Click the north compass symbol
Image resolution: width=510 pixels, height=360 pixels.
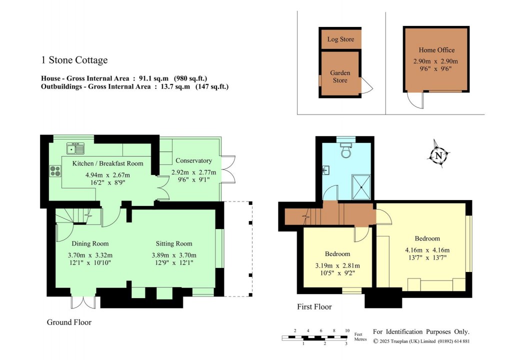[x=438, y=155]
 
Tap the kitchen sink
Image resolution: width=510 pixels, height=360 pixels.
[x=76, y=148]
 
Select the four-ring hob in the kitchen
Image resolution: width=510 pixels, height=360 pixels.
[x=54, y=171]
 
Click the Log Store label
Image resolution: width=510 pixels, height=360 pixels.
[x=340, y=39]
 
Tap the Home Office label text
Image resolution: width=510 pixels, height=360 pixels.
[x=436, y=50]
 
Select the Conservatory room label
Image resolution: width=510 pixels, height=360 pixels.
[x=193, y=160]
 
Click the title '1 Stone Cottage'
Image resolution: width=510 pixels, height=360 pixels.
[x=74, y=60]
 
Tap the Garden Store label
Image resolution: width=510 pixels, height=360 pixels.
[x=340, y=76]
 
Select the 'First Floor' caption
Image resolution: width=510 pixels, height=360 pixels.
[x=314, y=306]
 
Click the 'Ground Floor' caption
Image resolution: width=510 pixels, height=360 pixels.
[x=69, y=322]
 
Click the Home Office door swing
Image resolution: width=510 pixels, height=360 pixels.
[x=414, y=101]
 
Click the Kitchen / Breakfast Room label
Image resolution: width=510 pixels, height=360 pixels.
[x=107, y=163]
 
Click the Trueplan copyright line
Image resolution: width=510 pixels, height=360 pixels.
[x=421, y=341]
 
